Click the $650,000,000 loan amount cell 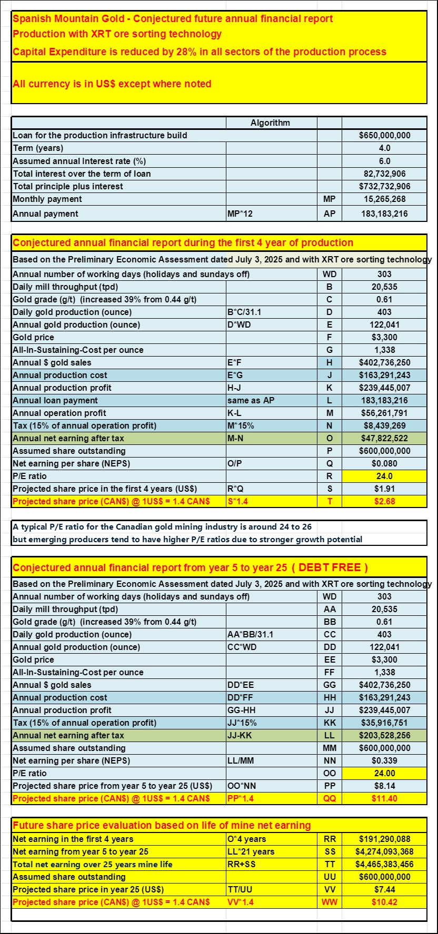384,135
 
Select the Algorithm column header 270,123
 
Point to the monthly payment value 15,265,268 384,199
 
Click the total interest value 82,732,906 384,174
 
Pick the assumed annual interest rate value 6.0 384,161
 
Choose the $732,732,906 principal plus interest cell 384,186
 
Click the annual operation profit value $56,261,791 384,413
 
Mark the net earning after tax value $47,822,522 384,438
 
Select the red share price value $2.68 384,501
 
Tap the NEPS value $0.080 384,463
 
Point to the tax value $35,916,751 384,723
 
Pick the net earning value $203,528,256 384,735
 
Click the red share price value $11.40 384,798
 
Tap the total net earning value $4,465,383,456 384,864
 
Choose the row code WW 329,902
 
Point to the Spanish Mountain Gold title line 173,19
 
